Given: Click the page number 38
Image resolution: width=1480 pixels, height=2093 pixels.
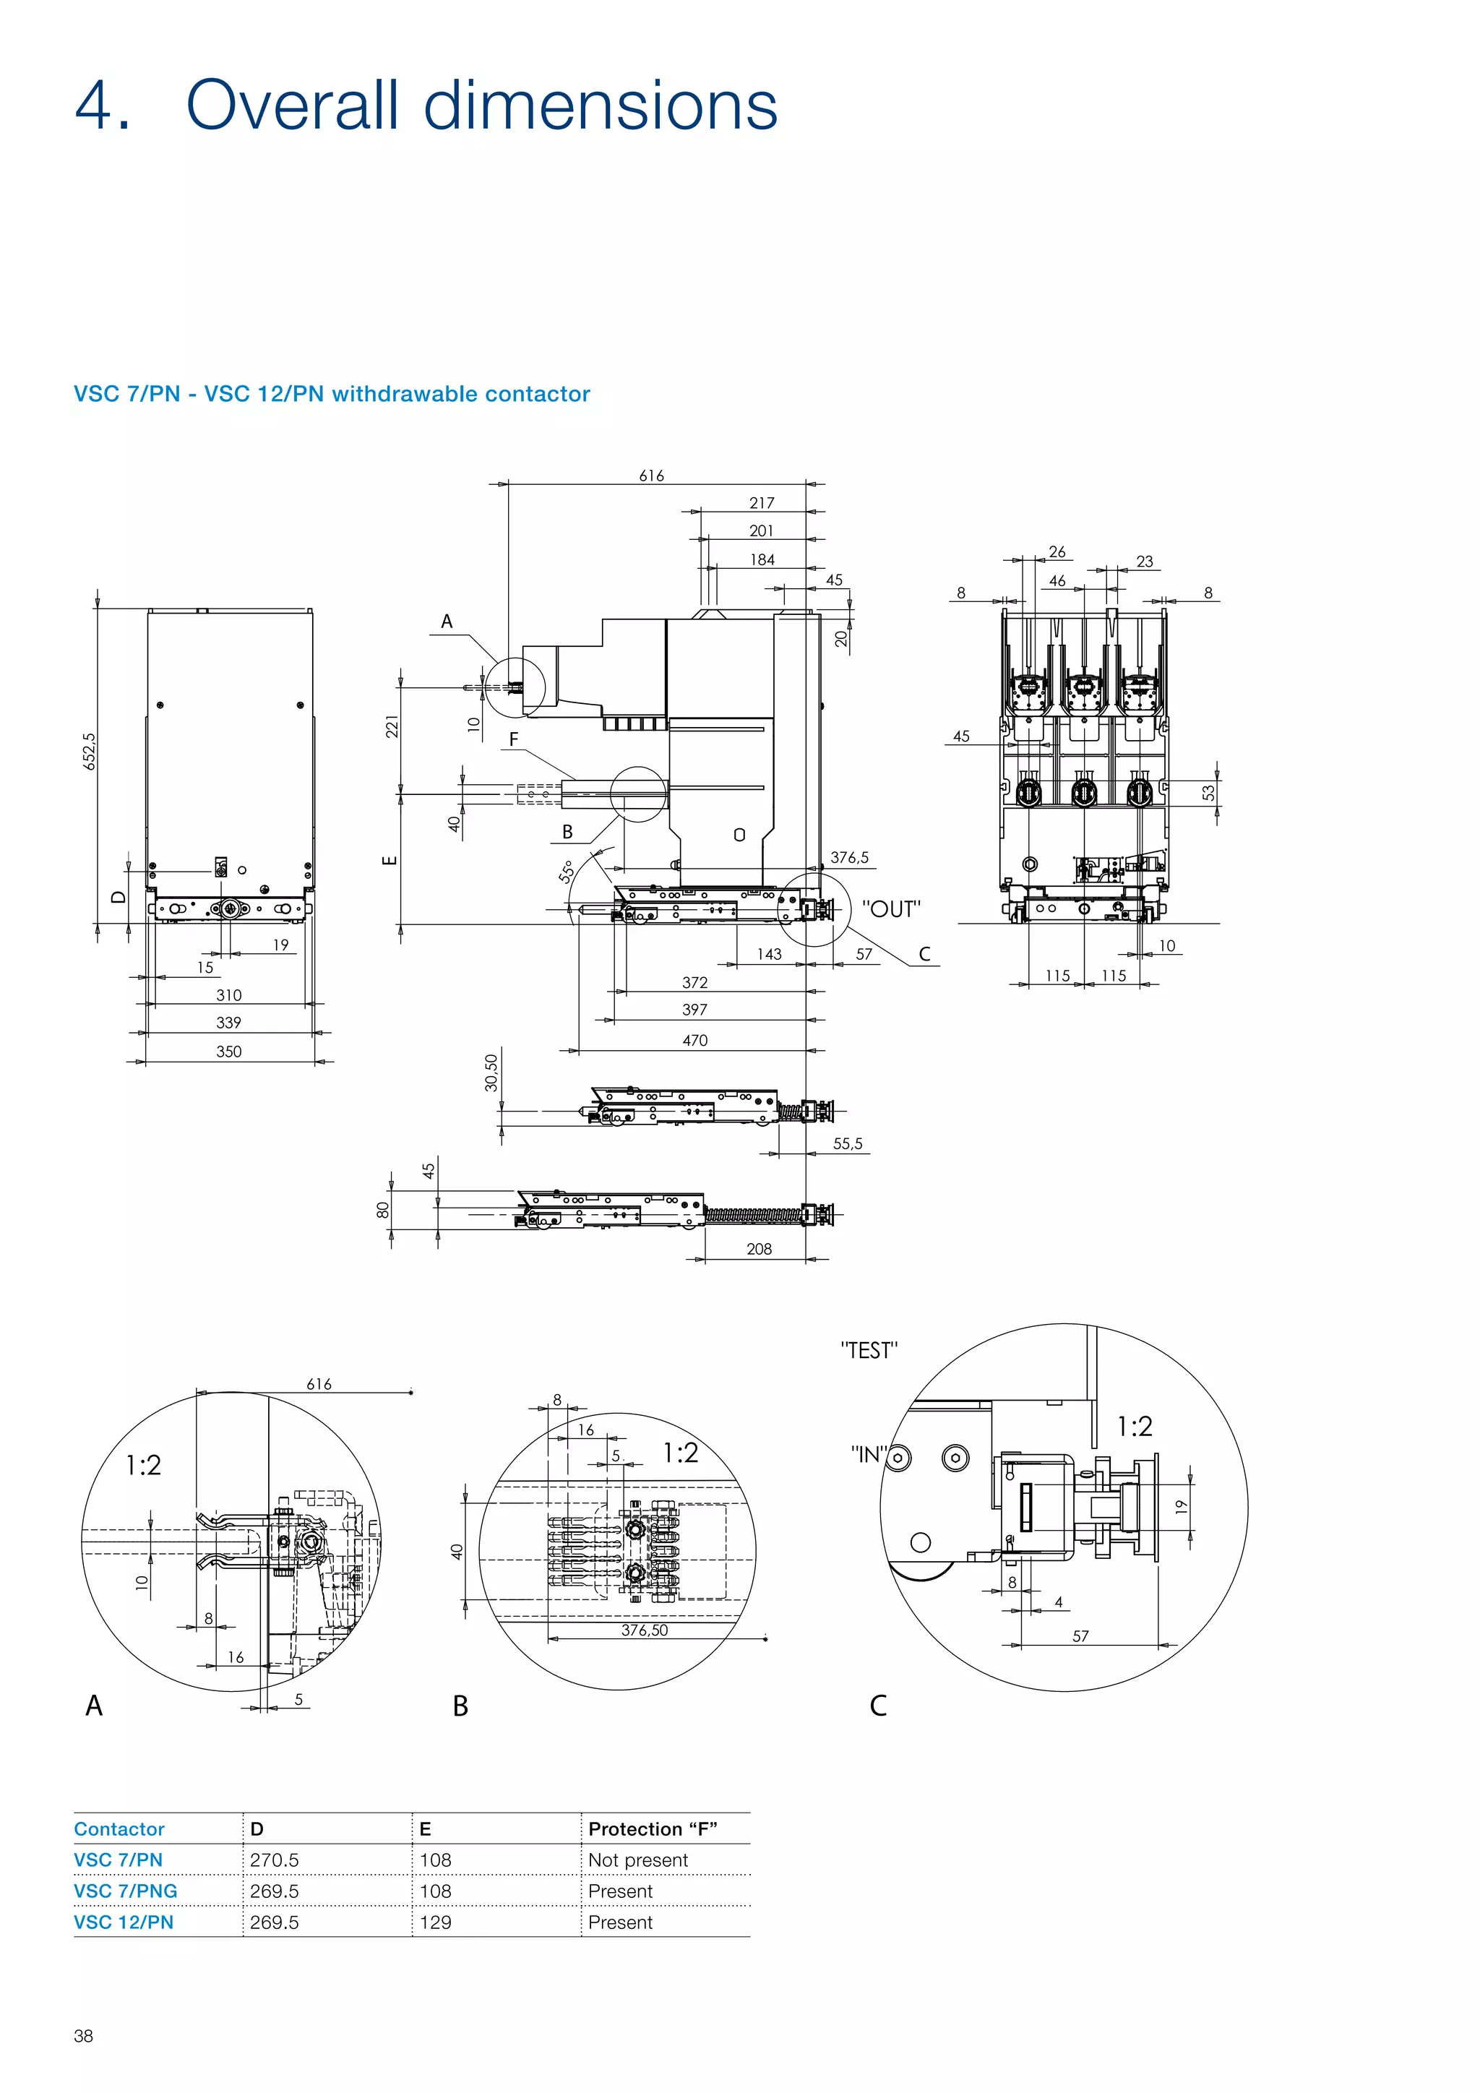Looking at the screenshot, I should [83, 2036].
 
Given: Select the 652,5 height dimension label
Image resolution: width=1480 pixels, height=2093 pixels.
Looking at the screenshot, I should [90, 750].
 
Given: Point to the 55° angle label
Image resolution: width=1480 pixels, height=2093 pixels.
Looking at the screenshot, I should [567, 872].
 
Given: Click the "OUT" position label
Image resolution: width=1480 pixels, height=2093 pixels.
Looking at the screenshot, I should [890, 909].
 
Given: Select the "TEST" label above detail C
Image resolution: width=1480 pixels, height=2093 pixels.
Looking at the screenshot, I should [869, 1350].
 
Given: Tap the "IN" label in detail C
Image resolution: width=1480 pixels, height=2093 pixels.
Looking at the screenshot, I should [866, 1454].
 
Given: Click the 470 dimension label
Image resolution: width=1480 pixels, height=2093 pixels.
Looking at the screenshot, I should [694, 1040].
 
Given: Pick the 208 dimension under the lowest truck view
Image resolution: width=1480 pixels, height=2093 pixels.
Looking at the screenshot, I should [758, 1249].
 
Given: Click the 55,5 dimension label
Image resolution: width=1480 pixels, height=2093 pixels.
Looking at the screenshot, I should [847, 1143].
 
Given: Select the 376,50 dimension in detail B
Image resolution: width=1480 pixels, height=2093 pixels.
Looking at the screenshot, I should [645, 1630].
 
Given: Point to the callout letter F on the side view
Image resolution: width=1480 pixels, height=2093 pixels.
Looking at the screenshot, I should [514, 739].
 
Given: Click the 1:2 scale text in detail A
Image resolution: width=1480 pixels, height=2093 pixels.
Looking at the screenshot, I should [143, 1465].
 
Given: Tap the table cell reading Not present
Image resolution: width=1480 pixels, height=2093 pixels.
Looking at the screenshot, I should [638, 1860].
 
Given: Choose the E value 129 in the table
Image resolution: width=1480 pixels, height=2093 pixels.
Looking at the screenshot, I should [436, 1922].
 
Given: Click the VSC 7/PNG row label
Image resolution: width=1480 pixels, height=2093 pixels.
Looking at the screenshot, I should [126, 1891].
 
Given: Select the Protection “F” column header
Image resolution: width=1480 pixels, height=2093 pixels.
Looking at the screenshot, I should [653, 1828].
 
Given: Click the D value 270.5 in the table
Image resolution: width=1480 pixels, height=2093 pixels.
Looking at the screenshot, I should [275, 1860].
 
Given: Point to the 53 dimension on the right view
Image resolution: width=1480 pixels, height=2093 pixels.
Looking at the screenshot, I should [1208, 793].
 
